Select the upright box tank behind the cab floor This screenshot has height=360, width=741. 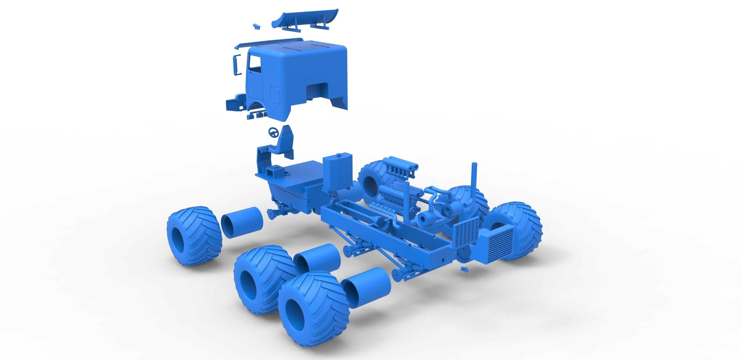[337, 172]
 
